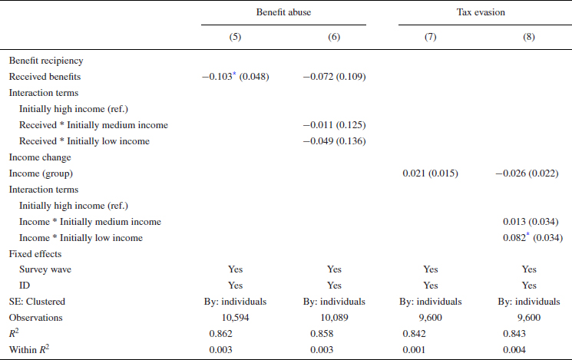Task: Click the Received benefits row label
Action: point(46,76)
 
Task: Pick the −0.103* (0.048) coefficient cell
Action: point(235,76)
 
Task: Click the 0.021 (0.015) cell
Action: point(430,173)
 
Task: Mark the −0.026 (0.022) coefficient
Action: point(529,173)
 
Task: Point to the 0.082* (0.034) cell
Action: point(529,237)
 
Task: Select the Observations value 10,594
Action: point(235,317)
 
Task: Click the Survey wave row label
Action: point(45,269)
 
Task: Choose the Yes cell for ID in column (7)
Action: point(430,286)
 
